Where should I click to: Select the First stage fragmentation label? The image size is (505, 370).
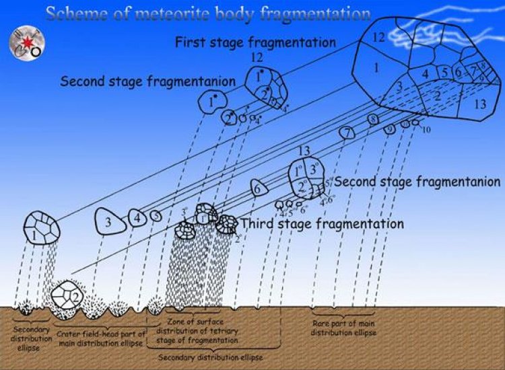255,42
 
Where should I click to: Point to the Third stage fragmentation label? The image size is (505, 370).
322,223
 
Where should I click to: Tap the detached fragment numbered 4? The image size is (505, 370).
138,218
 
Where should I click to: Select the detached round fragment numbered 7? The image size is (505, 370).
346,133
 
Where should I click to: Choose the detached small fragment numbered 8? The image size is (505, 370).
372,120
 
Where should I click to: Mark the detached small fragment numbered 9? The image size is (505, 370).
389,130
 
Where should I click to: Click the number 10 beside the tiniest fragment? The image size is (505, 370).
426,129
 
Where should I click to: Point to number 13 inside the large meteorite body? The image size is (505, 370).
480,104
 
